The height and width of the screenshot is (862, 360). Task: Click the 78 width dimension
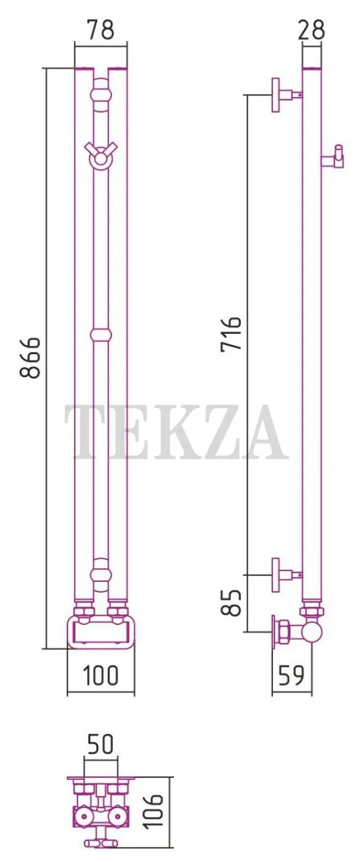coord(100,31)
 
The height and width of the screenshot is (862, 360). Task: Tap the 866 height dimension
coord(29,358)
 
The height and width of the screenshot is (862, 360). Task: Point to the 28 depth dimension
coord(311,29)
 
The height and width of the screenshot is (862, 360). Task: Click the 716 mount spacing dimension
coord(231,333)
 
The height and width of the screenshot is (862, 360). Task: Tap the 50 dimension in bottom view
coord(101,743)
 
